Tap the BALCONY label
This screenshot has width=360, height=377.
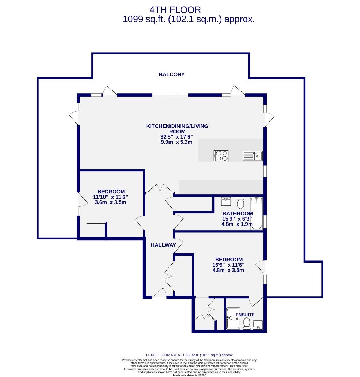pyautogui.click(x=172, y=74)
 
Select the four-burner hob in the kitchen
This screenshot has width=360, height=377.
pyautogui.click(x=221, y=156)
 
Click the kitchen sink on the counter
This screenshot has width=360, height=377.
pyautogui.click(x=252, y=156)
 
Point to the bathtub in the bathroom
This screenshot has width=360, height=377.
pyautogui.click(x=257, y=213)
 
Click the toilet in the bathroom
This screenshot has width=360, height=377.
pyautogui.click(x=240, y=202)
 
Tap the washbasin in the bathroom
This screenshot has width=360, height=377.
pyautogui.click(x=225, y=201)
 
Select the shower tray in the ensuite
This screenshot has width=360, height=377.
pyautogui.click(x=233, y=318)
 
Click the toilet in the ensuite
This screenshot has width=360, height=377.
pyautogui.click(x=247, y=323)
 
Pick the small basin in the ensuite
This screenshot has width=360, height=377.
pyautogui.click(x=258, y=325)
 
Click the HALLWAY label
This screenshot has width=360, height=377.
pyautogui.click(x=163, y=245)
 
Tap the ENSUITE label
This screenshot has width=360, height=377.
pyautogui.click(x=245, y=315)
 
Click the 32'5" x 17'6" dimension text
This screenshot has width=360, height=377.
pyautogui.click(x=177, y=137)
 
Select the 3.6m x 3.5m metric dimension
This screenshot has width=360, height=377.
pyautogui.click(x=110, y=202)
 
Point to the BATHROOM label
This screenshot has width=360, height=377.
pyautogui.click(x=238, y=214)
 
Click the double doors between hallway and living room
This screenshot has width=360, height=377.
pyautogui.click(x=160, y=190)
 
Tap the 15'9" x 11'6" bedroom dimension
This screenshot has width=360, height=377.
pyautogui.click(x=229, y=265)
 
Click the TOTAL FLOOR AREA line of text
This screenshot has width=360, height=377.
pyautogui.click(x=189, y=355)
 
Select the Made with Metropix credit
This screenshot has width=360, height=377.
pyautogui.click(x=189, y=375)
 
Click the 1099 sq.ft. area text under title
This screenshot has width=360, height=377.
pyautogui.click(x=189, y=20)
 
